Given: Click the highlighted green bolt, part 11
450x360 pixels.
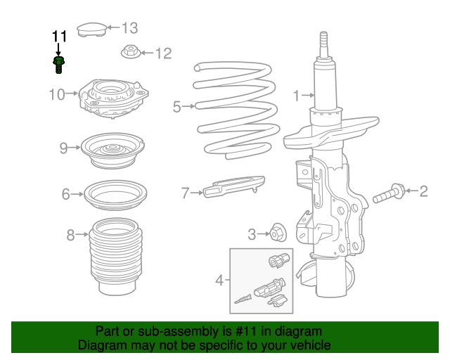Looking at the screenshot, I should point(58,65).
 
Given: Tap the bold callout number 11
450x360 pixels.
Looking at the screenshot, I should point(58,36).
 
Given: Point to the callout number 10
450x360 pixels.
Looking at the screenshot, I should point(57,94).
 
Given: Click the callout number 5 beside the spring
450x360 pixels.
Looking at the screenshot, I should point(177,107).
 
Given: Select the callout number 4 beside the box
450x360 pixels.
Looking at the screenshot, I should point(219,281).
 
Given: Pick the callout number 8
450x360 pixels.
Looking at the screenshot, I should point(70,236).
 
